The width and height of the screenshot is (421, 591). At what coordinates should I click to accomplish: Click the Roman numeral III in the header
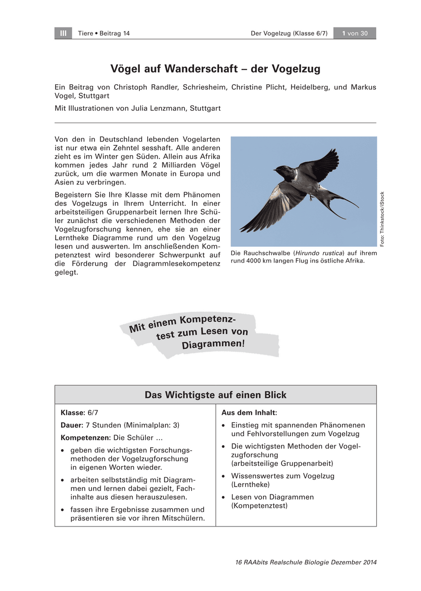point(63,33)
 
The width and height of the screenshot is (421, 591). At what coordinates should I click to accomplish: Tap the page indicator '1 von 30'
point(355,33)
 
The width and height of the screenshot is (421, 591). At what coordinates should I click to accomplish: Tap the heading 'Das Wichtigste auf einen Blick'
point(215,395)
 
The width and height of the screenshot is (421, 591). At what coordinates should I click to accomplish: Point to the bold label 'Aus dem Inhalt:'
point(249,412)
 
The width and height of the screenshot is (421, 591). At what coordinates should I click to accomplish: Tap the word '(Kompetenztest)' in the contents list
point(259,506)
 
